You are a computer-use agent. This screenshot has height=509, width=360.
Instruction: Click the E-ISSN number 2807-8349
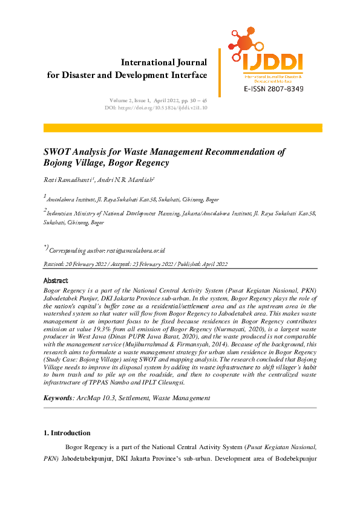coord(273,89)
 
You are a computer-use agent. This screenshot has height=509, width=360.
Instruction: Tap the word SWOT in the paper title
coord(60,152)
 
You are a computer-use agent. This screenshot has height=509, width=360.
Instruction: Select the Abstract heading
coord(55,280)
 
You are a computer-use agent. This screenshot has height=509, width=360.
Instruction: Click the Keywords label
coord(58,398)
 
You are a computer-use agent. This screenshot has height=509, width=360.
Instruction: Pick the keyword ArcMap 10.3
coord(98,398)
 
